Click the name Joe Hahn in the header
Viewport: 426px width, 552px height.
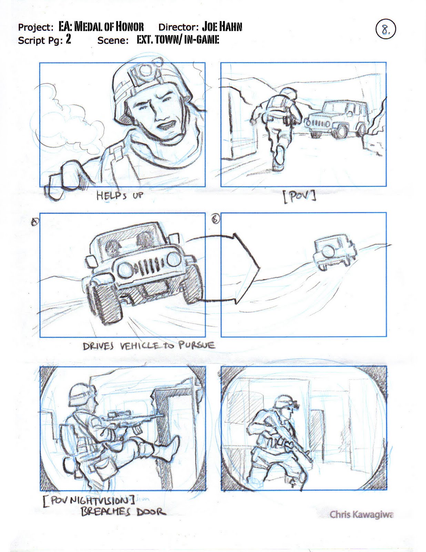(222, 27)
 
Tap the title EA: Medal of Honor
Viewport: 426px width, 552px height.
(101, 27)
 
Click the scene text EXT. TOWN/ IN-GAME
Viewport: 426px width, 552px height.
(178, 40)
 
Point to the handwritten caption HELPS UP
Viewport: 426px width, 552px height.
(120, 196)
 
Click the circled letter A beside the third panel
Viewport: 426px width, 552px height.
(34, 222)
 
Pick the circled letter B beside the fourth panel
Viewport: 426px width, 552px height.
(216, 220)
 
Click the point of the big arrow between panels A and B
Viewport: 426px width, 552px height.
(260, 268)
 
